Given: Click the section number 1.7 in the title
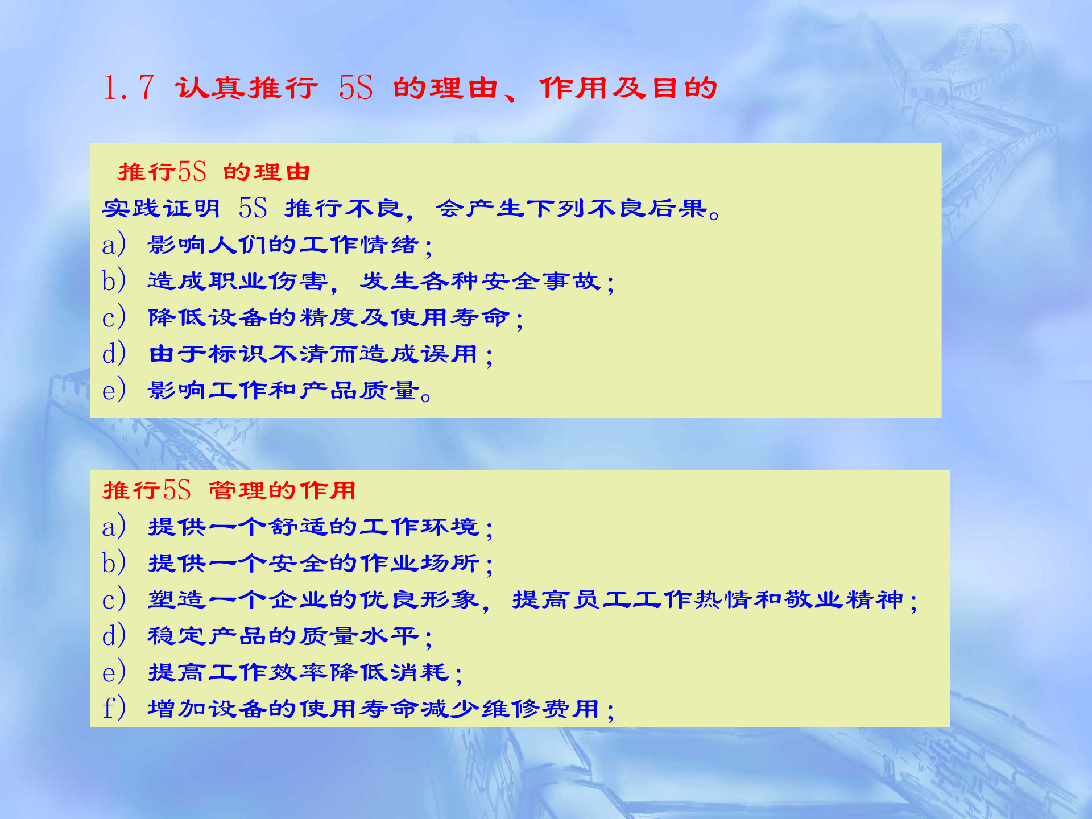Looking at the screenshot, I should tap(129, 88).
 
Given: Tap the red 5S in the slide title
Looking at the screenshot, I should tap(355, 88).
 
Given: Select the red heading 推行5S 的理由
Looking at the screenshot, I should tap(214, 172).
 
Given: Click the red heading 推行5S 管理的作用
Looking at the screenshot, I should tap(229, 490).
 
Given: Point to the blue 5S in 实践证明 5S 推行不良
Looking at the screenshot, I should tap(253, 208).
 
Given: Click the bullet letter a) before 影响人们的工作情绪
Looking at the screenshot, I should tap(113, 245).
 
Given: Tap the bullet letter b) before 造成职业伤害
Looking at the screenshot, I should tap(113, 281).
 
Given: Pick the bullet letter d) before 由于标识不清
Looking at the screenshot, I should tap(113, 354).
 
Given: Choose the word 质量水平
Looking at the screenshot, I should tap(359, 636).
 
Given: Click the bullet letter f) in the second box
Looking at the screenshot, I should tap(113, 709).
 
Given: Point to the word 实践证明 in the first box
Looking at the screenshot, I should tap(162, 208).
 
